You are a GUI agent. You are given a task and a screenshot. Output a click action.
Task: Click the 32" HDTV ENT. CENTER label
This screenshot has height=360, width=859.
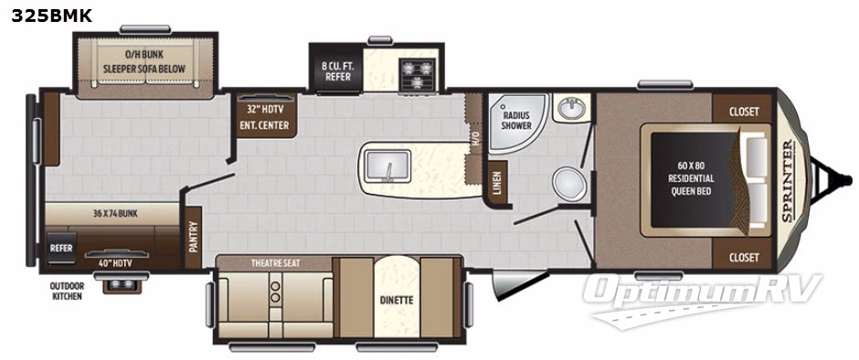(x=265, y=118)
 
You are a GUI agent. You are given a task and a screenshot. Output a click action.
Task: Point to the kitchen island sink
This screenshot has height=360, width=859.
(x=388, y=167)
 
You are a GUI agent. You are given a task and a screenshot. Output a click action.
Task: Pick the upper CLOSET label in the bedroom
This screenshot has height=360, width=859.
(x=744, y=111)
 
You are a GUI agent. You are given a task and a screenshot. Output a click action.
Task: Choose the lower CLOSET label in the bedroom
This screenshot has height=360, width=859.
(x=744, y=258)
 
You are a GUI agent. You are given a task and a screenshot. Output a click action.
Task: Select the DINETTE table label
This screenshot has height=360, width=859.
(x=397, y=300)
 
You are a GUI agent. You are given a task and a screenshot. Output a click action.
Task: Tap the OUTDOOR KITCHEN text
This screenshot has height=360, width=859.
(x=66, y=291)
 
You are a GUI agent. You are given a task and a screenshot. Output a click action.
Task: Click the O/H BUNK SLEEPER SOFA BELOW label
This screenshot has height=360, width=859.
(x=143, y=61)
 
